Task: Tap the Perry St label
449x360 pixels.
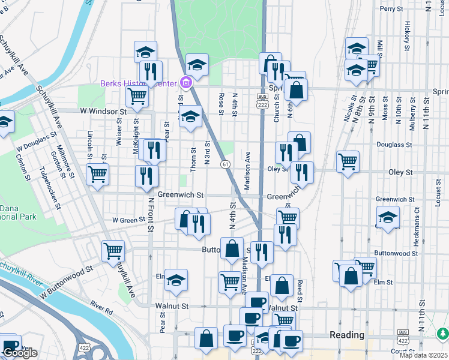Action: tap(391, 9)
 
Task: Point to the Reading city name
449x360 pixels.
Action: tap(347, 335)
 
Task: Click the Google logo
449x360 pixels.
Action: tap(20, 353)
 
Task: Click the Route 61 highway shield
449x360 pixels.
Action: tap(224, 164)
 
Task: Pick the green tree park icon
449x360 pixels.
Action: tap(442, 332)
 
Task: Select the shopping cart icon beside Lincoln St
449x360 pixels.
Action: tap(97, 175)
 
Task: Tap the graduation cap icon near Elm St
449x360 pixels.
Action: tap(176, 280)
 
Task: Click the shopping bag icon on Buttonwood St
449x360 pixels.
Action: tap(232, 248)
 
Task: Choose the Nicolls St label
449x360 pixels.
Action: tap(348, 107)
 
